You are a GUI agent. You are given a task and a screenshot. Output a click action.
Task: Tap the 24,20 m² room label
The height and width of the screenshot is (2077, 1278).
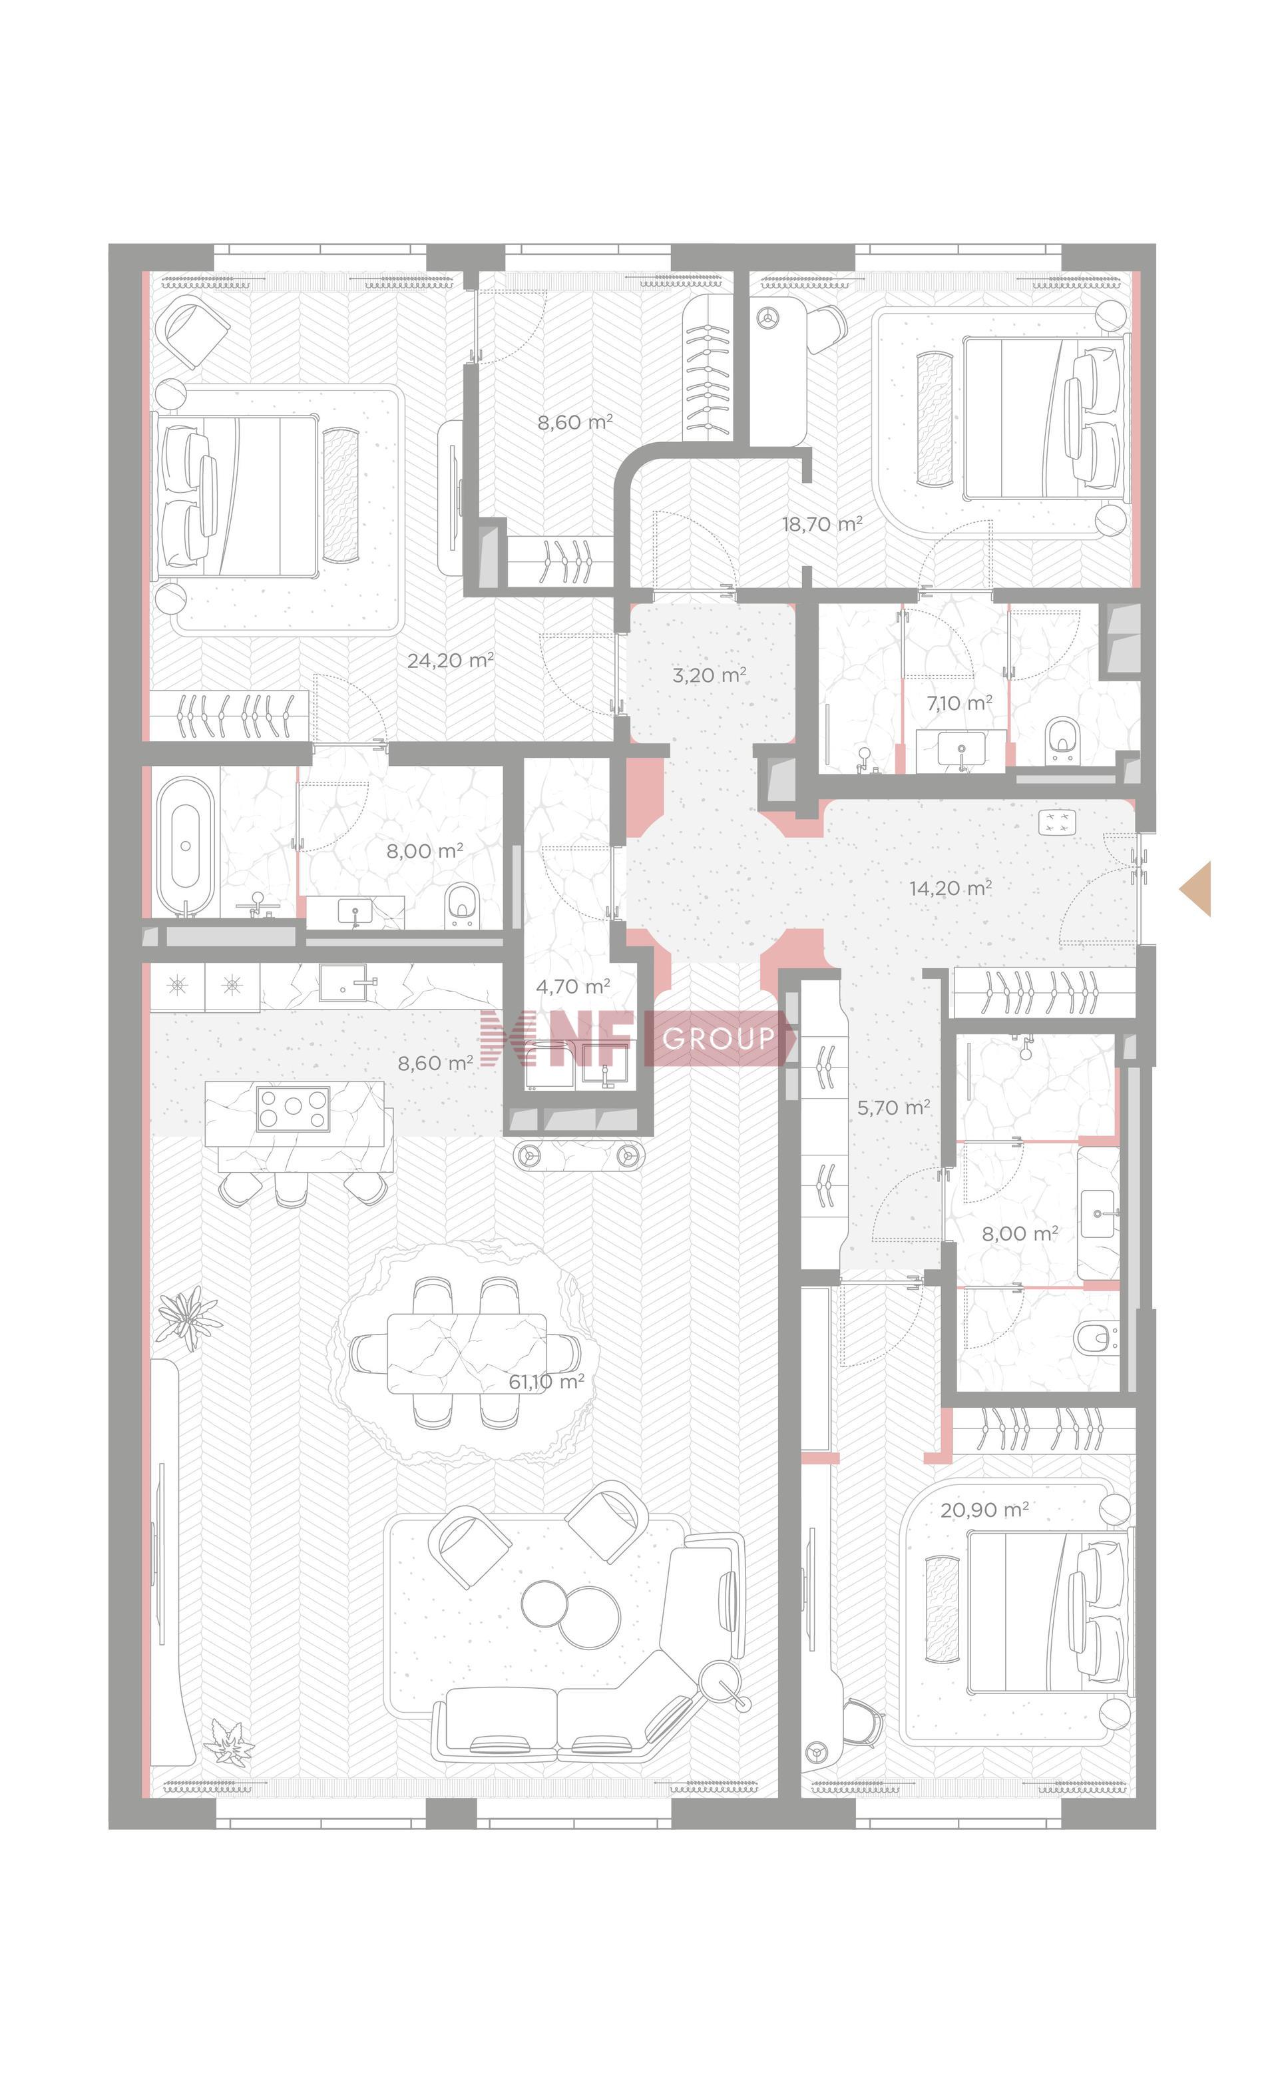point(450,660)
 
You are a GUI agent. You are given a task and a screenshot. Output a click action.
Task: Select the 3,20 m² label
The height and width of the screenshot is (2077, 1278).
point(709,675)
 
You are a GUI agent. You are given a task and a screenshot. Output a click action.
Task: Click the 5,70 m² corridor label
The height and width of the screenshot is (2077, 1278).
point(893,1107)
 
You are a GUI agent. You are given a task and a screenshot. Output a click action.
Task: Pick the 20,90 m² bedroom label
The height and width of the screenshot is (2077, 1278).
point(984,1510)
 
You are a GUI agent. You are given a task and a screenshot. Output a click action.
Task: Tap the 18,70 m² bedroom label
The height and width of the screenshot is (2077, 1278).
point(821,524)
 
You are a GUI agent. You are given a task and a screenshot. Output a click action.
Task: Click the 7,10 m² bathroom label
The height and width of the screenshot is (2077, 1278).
point(958,703)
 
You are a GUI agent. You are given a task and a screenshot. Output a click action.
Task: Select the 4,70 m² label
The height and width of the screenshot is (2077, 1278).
point(573,986)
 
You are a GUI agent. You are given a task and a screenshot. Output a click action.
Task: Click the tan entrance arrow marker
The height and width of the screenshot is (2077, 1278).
point(1197,888)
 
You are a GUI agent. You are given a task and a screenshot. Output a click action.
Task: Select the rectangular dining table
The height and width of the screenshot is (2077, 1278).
point(467,1352)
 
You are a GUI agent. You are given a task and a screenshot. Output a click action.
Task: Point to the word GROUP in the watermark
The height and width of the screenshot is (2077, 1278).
point(718,1038)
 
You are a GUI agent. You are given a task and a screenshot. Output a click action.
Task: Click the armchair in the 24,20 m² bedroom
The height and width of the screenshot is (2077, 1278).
point(195,332)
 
